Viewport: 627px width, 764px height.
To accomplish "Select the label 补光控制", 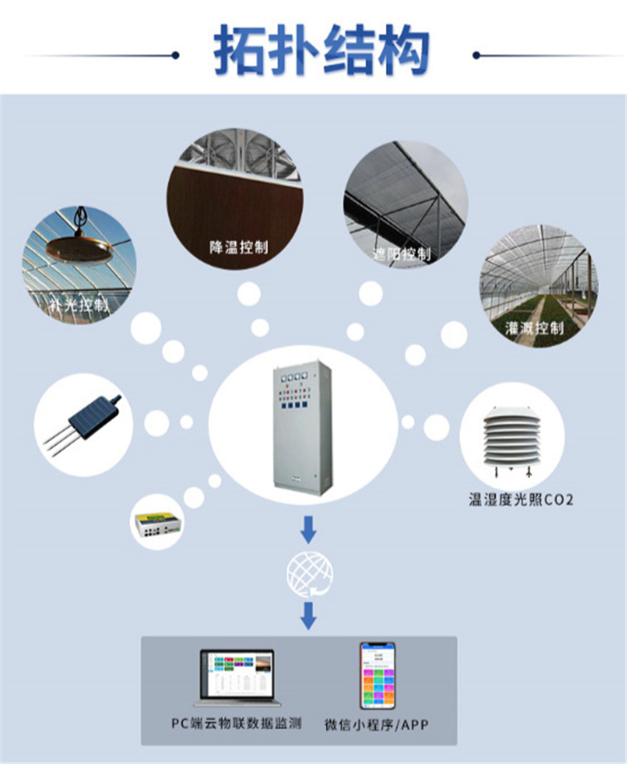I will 79,304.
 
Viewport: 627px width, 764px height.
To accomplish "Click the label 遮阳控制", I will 401,254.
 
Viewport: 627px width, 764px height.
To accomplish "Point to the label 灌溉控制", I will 534,327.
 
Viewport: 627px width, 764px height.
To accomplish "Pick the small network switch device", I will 158,524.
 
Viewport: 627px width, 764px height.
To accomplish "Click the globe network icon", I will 309,572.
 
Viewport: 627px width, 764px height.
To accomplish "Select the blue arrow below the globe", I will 309,616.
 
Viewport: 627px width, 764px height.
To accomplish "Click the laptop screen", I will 236,673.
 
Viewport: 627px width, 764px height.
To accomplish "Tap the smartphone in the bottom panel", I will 377,675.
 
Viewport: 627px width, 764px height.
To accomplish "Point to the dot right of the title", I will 477,55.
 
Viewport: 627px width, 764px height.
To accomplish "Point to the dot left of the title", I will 176,55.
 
